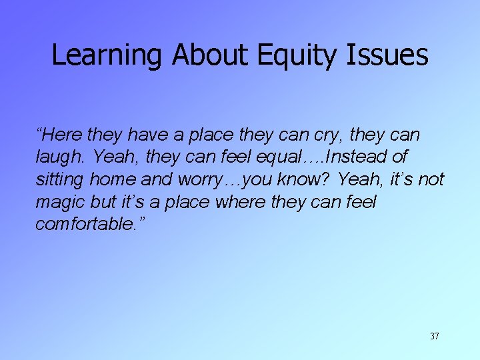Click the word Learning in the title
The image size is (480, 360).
pos(107,56)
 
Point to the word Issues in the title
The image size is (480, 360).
pos(387,56)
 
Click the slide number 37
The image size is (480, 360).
pos(434,336)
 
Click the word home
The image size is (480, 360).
pos(120,179)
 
